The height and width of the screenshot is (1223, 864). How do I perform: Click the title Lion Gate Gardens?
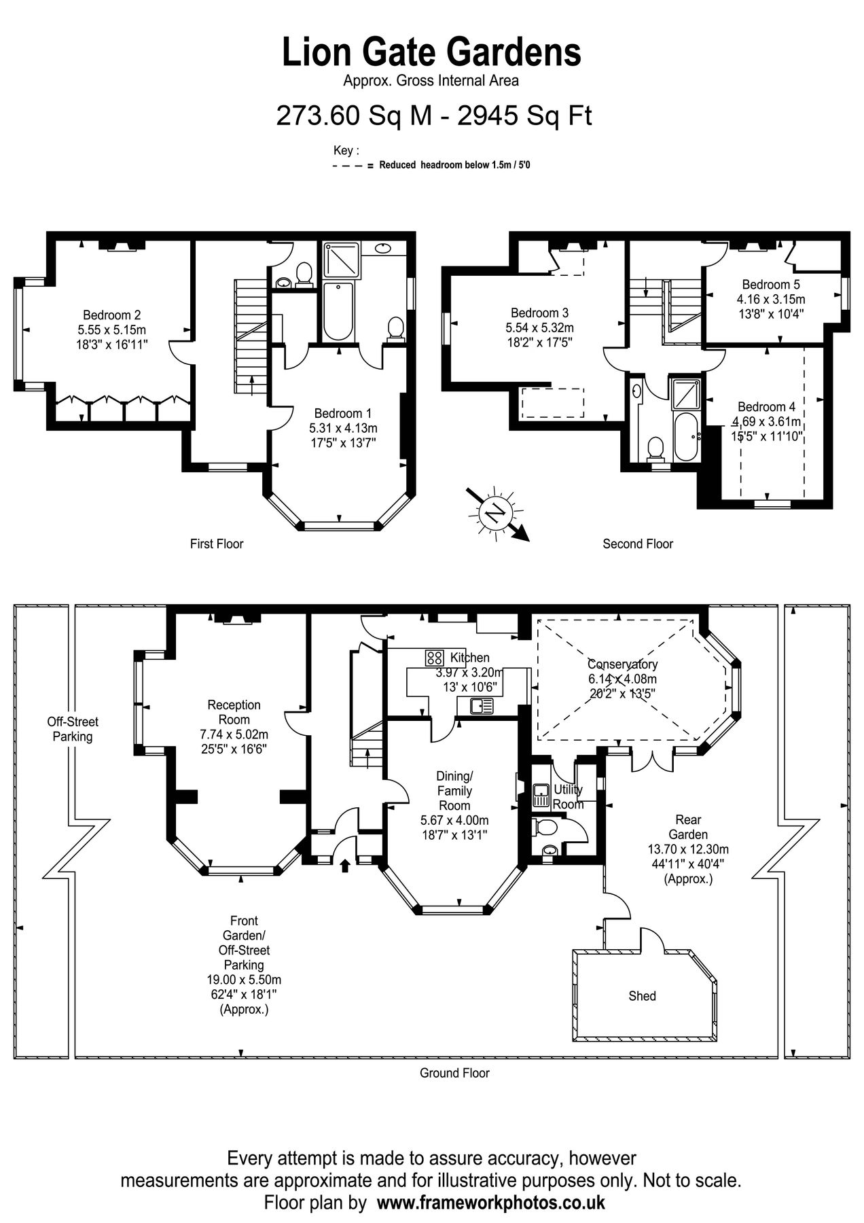[x=432, y=52]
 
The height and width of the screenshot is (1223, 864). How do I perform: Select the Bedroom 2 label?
[x=111, y=315]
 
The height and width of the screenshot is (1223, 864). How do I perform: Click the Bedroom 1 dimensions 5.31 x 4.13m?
[x=342, y=428]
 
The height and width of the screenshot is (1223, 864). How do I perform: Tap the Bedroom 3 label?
[x=539, y=313]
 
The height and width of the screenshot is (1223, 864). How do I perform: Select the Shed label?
[x=642, y=996]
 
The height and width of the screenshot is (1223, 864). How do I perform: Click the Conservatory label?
[x=622, y=664]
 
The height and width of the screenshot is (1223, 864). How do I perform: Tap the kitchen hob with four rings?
[x=435, y=658]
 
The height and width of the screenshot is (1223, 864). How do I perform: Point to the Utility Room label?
[x=568, y=797]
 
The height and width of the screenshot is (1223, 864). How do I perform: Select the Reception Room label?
[x=234, y=712]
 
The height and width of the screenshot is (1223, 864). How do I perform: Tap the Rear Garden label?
[x=688, y=827]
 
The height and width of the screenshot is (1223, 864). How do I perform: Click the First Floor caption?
[x=216, y=544]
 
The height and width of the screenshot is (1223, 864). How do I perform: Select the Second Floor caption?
[x=637, y=544]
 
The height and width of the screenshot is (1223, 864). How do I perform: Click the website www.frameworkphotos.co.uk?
[x=490, y=1203]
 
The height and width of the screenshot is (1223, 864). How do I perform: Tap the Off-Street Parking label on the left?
[x=73, y=729]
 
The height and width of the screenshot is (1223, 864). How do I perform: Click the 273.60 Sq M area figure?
[x=354, y=116]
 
